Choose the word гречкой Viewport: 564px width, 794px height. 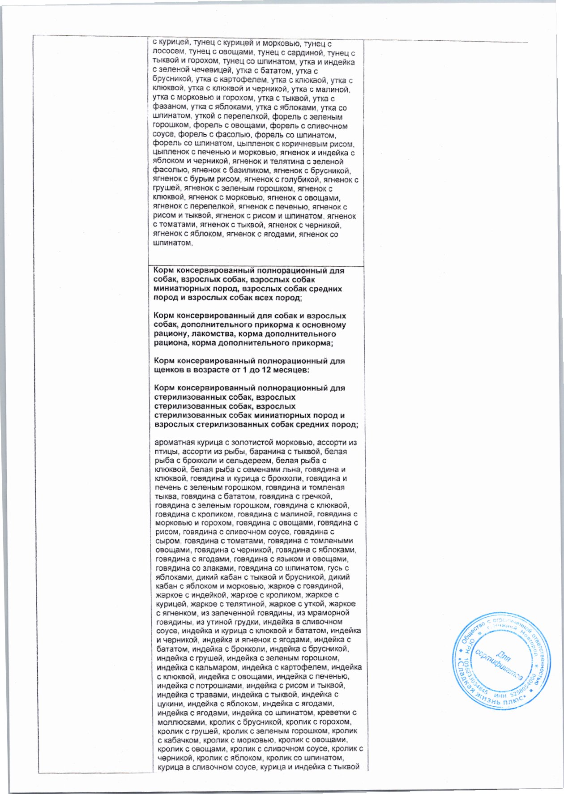(x=319, y=496)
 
